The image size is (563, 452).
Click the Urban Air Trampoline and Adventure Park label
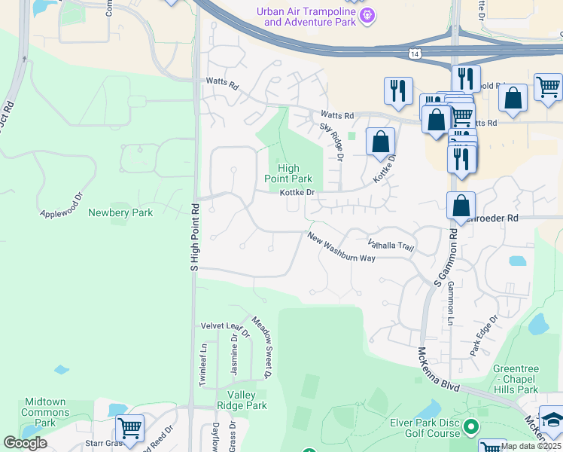(304, 17)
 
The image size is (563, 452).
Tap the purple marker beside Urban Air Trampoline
(367, 15)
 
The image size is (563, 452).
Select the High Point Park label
(288, 174)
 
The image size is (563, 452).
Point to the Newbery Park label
(120, 213)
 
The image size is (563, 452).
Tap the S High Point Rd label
(194, 237)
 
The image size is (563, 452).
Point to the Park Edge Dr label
(484, 335)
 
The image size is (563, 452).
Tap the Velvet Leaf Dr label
(224, 326)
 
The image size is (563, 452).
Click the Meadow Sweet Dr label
(261, 347)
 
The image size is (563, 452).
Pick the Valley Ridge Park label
(242, 400)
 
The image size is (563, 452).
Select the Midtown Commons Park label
(45, 412)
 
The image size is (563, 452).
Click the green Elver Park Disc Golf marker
(472, 428)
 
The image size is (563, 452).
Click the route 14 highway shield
(415, 53)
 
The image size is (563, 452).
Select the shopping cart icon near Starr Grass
(130, 429)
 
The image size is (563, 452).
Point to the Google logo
(25, 443)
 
